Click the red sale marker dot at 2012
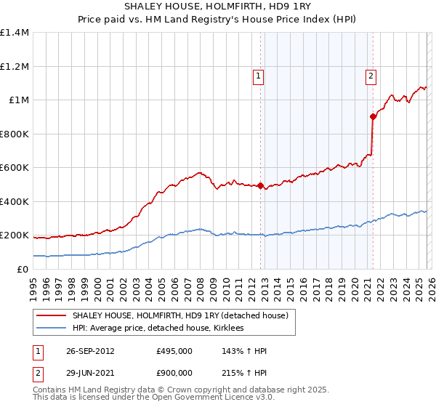point(260,186)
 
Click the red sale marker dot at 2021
point(373,116)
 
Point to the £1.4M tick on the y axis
point(15,33)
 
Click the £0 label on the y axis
point(23,269)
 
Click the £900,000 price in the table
point(174,372)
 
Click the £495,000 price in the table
point(174,351)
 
